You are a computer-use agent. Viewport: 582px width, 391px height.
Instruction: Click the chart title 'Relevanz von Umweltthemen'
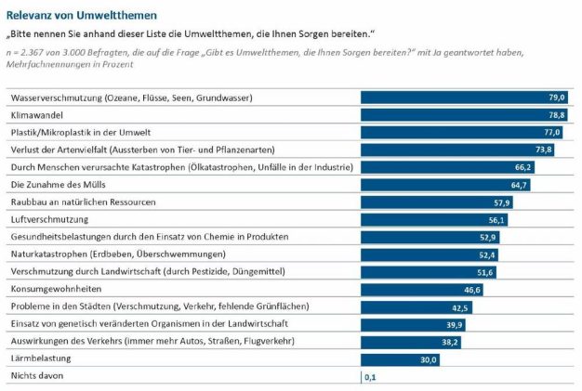pos(82,16)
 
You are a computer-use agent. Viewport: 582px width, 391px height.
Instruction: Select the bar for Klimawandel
pos(464,115)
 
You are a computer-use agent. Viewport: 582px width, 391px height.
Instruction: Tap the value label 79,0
pos(557,98)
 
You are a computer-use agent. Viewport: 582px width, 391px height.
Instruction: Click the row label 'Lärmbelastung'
pos(41,358)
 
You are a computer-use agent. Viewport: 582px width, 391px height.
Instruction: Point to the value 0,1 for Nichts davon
pos(370,377)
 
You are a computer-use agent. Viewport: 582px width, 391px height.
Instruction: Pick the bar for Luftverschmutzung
pos(434,220)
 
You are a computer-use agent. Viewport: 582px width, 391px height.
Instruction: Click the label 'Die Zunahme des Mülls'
pos(59,185)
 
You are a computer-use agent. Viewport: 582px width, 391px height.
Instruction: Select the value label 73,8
pos(544,150)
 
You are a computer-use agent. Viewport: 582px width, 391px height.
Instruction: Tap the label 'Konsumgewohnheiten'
pos(56,289)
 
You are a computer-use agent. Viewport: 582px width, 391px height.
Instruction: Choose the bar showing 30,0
pos(400,359)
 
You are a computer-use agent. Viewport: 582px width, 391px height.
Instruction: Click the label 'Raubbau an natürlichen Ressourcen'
pos(83,202)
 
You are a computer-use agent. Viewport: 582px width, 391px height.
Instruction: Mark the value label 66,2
pos(523,167)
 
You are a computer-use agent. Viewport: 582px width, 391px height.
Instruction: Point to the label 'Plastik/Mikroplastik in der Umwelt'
pos(81,133)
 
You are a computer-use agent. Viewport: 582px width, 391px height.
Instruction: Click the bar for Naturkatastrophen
pos(430,254)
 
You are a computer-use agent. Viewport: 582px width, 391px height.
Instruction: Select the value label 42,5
pos(460,307)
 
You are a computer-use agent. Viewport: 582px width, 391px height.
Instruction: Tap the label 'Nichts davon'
pos(37,376)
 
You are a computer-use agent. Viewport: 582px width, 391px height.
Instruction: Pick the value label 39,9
pos(455,325)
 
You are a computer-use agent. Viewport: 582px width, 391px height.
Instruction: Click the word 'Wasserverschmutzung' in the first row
pos(57,98)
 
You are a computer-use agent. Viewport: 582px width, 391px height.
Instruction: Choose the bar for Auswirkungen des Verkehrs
pos(411,342)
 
